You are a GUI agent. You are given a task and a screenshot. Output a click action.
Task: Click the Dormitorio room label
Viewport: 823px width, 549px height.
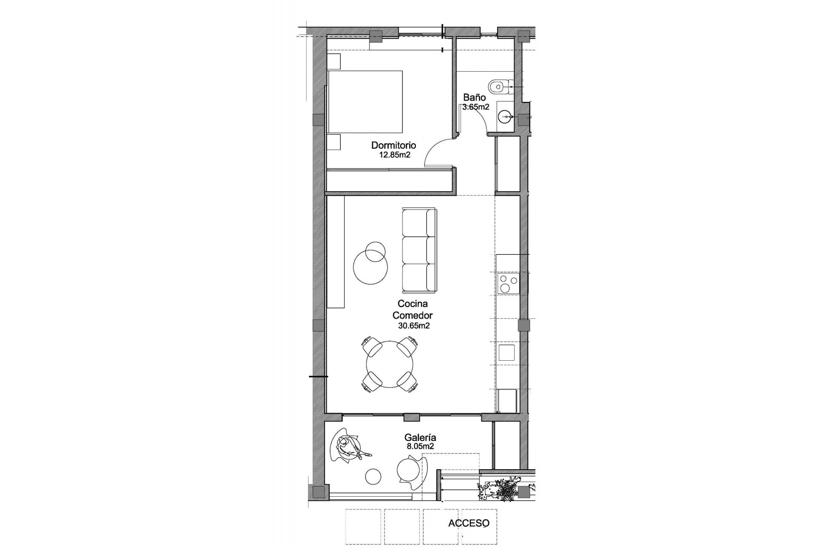point(393,145)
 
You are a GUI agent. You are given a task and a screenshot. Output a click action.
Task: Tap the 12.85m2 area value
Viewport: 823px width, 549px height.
point(395,155)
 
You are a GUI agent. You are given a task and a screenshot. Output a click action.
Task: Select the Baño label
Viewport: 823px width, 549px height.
point(474,98)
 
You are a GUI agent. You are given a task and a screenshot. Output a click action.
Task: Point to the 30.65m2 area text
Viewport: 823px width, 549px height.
point(414,326)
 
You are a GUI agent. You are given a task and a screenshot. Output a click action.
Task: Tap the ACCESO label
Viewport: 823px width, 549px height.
point(469,523)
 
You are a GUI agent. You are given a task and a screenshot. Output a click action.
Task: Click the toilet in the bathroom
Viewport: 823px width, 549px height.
point(499,86)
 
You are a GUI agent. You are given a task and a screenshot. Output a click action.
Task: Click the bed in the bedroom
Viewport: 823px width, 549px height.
point(365,102)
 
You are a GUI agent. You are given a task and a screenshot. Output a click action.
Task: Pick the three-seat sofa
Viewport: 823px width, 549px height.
point(419,250)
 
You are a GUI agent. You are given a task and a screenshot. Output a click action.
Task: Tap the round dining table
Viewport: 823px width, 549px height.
point(390,364)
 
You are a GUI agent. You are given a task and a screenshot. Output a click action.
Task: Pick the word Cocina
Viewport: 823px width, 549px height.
point(412,304)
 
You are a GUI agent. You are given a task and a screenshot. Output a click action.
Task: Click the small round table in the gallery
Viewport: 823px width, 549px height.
point(373,476)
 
